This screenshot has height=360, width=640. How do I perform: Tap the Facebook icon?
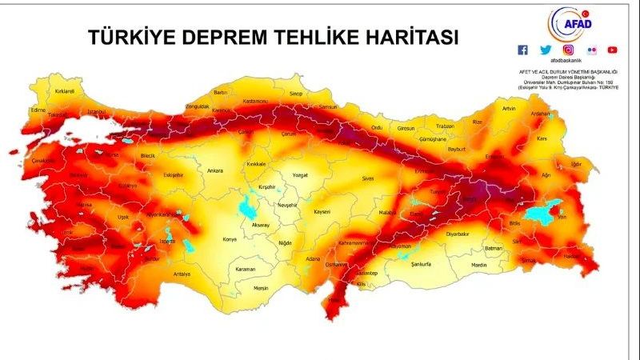pyautogui.click(x=523, y=50)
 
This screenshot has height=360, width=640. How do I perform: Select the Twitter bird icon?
pyautogui.click(x=546, y=50)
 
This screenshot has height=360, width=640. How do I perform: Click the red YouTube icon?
pyautogui.click(x=612, y=50)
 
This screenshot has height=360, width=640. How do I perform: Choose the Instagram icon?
pyautogui.click(x=568, y=50)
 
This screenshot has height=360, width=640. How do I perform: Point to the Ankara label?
pyautogui.click(x=214, y=170)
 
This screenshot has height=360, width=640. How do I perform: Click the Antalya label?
pyautogui.click(x=182, y=274)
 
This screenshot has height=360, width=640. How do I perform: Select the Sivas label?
pyautogui.click(x=368, y=178)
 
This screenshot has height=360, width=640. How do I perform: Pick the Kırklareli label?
pyautogui.click(x=64, y=91)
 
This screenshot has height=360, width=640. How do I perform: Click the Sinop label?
pyautogui.click(x=296, y=94)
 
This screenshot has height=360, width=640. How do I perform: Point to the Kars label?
pyautogui.click(x=541, y=138)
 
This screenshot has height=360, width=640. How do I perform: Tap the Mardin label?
pyautogui.click(x=478, y=264)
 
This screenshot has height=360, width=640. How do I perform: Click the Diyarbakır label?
pyautogui.click(x=457, y=234)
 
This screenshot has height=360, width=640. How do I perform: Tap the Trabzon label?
pyautogui.click(x=445, y=126)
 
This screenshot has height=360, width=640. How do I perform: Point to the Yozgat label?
pyautogui.click(x=300, y=174)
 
